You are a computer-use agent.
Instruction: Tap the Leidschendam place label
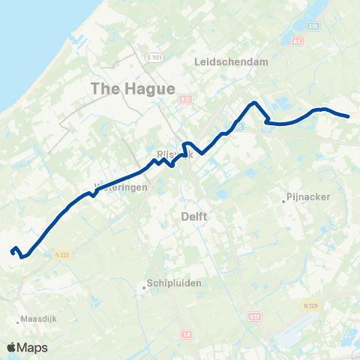[231, 63]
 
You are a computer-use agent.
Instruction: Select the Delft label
[194, 216]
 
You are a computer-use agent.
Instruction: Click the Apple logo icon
[12, 347]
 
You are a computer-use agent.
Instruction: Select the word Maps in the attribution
[34, 347]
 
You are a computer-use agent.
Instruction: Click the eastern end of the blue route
[349, 116]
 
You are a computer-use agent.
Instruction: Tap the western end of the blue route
[12, 252]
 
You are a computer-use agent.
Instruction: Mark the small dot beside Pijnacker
[284, 200]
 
